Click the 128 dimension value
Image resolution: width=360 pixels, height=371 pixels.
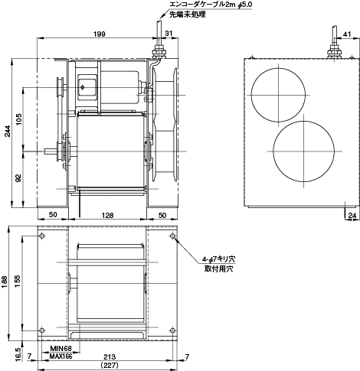(108, 216)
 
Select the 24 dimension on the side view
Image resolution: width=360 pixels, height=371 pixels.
(351, 216)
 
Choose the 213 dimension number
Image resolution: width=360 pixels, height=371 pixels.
(108, 357)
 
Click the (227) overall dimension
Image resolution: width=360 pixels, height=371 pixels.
(108, 366)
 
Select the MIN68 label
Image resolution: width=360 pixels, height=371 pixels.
(60, 349)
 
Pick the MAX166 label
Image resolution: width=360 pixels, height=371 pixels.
(61, 357)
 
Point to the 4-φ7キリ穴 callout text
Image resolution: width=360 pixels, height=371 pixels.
(220, 258)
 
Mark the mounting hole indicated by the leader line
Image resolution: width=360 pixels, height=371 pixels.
(173, 238)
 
